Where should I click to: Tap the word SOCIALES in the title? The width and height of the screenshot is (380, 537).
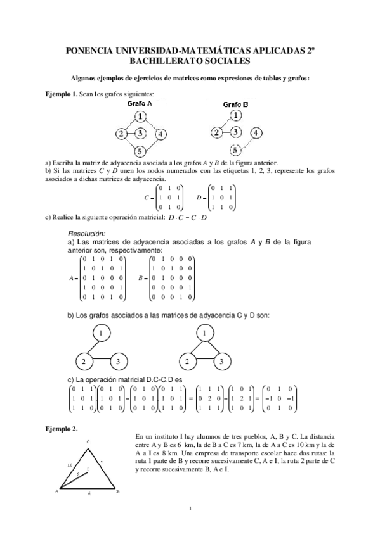point(227,61)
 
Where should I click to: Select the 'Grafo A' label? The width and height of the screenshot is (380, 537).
point(140,103)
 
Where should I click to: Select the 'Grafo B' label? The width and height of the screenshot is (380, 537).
point(236,104)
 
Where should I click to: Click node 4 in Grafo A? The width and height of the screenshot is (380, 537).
point(161,134)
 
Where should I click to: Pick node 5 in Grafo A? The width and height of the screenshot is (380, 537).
point(141,151)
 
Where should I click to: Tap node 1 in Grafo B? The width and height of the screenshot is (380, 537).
point(236,116)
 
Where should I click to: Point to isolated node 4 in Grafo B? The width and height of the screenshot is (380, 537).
point(256,133)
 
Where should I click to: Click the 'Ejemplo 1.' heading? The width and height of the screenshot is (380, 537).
point(61,94)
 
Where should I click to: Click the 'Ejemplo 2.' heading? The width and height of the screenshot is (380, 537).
point(62,429)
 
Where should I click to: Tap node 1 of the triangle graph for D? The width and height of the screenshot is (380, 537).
point(204,332)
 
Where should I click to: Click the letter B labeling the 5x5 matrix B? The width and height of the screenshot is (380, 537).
point(140,278)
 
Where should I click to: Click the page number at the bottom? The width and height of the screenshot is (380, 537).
point(190,509)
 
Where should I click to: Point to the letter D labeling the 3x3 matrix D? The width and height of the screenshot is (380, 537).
point(199,198)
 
